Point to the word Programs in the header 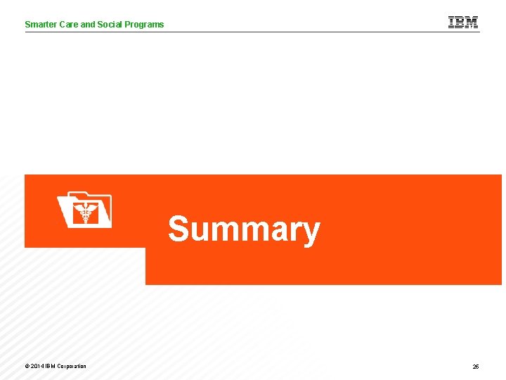tap(145, 25)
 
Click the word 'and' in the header tap(88, 24)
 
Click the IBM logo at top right tap(463, 22)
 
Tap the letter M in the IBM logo tap(472, 22)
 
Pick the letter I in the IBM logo tap(451, 22)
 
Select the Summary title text tap(244, 229)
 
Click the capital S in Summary tap(179, 229)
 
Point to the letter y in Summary tap(311, 233)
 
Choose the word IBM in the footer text tap(49, 366)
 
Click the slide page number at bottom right tap(476, 367)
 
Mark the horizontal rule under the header tap(252, 32)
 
